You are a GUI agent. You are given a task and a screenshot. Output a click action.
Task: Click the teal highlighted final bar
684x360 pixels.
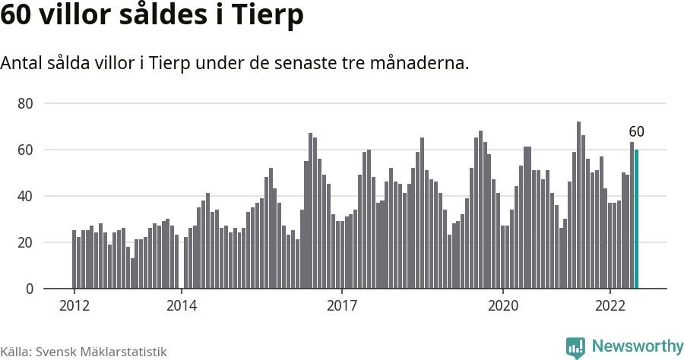point(636,219)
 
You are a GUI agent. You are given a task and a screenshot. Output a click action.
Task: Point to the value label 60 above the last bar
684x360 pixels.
point(636,131)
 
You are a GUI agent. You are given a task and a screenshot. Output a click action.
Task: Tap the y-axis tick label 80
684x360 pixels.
point(25,104)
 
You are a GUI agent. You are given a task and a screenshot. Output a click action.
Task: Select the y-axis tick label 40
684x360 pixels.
point(25,196)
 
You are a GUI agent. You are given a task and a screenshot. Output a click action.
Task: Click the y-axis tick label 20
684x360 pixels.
point(25,242)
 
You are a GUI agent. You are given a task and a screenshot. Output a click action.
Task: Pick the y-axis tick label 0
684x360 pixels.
point(29,289)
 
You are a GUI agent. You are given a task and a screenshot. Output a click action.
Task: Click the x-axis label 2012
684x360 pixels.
point(74,305)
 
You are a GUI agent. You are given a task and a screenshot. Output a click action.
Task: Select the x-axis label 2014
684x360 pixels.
point(182,305)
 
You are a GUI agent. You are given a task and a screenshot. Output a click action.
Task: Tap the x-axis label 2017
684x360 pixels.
point(343,305)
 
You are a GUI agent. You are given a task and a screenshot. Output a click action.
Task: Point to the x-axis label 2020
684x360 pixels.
point(503,305)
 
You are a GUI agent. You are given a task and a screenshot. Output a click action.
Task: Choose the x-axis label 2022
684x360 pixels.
point(610,305)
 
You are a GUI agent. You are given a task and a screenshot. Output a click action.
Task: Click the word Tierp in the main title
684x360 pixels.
point(267,15)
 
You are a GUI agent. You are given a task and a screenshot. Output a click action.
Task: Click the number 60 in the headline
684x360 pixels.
point(17,14)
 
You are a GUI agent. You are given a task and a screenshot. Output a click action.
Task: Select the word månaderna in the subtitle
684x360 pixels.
point(420,63)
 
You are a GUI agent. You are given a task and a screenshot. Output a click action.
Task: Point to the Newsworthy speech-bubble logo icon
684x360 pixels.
point(575,347)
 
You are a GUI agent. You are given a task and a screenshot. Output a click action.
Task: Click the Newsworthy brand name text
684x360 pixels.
point(638,346)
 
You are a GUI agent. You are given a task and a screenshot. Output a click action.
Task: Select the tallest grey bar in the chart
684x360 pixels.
point(579,205)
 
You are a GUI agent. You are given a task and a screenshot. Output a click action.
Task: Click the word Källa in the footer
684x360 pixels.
point(15,352)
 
